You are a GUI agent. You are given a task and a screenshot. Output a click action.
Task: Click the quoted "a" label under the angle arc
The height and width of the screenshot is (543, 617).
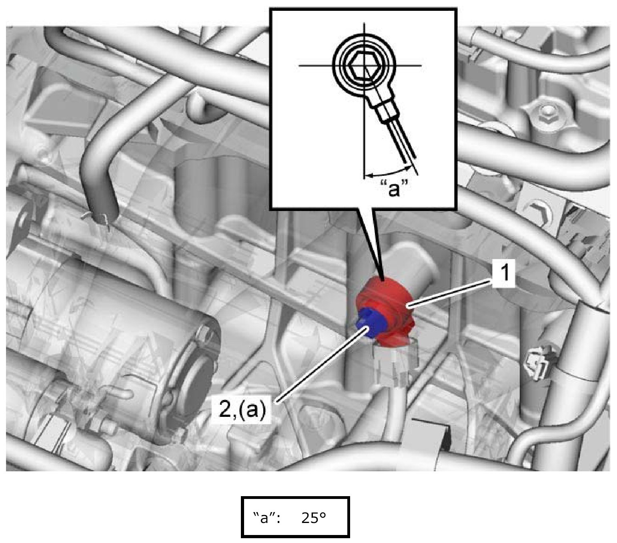395,188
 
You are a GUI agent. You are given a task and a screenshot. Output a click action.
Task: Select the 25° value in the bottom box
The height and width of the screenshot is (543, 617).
314,518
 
